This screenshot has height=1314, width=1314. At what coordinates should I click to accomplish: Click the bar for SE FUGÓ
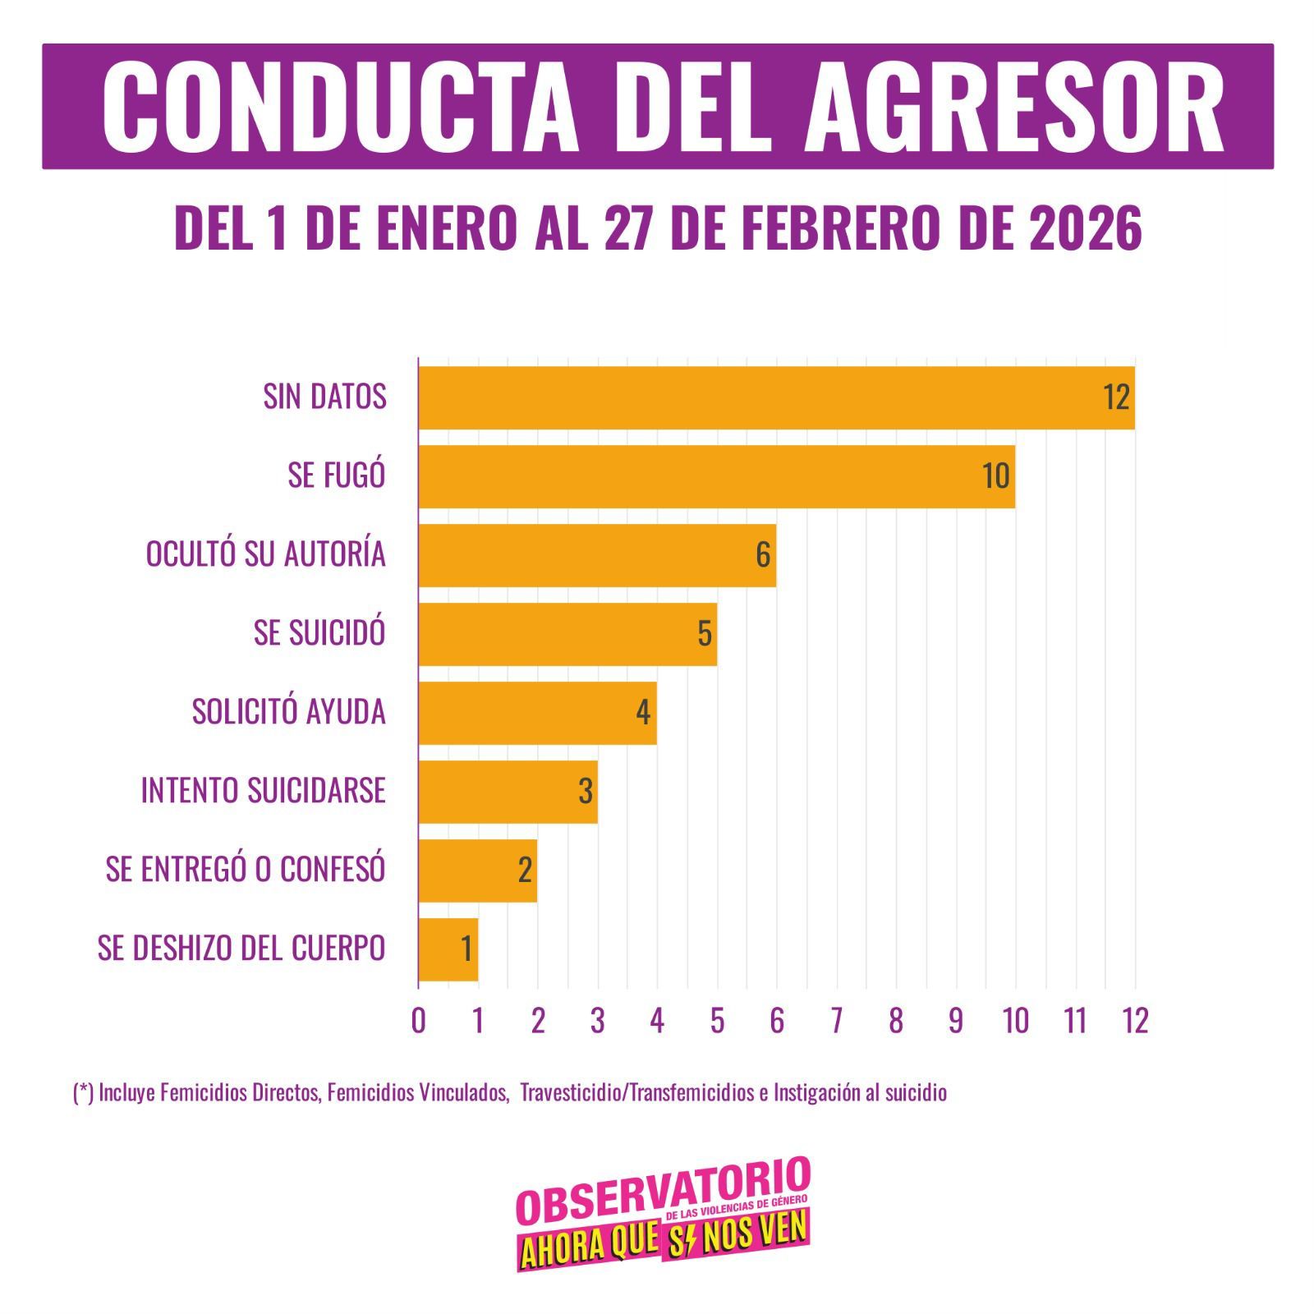(716, 476)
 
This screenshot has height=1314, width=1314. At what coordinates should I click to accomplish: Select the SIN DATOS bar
(776, 397)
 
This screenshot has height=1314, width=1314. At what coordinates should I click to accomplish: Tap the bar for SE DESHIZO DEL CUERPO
(448, 949)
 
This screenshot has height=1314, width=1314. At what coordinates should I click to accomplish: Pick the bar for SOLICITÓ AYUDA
(537, 713)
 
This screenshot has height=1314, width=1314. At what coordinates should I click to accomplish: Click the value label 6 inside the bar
(763, 555)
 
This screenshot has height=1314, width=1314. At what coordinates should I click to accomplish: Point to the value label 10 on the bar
(996, 476)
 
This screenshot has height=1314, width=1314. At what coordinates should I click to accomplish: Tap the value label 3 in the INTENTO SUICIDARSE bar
(586, 792)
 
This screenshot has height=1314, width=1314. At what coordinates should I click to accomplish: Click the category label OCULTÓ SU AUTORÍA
(266, 554)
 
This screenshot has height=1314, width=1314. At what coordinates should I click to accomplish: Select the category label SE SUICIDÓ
(319, 633)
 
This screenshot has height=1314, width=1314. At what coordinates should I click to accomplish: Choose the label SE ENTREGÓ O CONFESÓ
(246, 870)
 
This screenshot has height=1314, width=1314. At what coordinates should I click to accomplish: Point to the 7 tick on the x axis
(836, 1021)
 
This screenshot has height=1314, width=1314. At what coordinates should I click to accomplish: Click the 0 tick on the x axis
(419, 1021)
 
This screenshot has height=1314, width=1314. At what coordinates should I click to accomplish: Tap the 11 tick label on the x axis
(1075, 1021)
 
